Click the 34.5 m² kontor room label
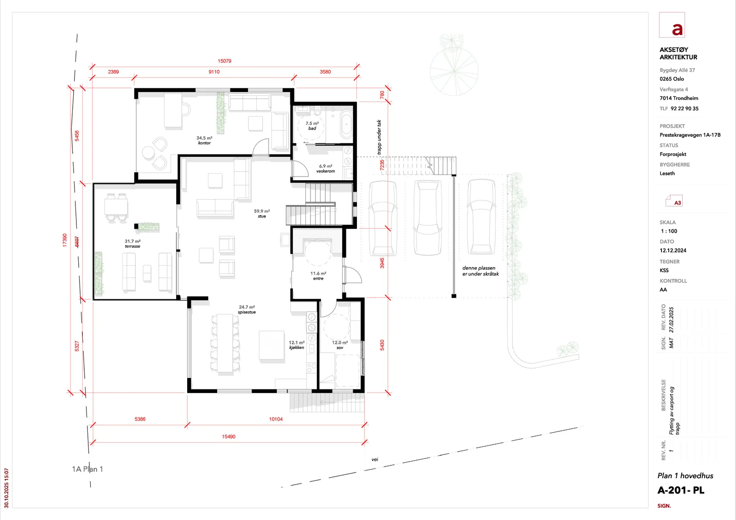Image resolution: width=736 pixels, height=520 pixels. pyautogui.click(x=204, y=140)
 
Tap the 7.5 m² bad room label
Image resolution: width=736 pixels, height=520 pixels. pyautogui.click(x=312, y=126)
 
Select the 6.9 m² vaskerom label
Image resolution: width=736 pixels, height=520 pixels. pyautogui.click(x=326, y=169)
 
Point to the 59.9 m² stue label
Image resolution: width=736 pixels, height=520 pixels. pyautogui.click(x=262, y=213)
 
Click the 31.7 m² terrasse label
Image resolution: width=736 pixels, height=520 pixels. pyautogui.click(x=132, y=243)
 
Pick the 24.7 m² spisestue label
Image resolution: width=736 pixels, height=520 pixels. pyautogui.click(x=247, y=309)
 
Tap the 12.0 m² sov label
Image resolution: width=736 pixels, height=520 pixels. pyautogui.click(x=340, y=345)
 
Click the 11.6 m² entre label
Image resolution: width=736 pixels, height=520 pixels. pyautogui.click(x=318, y=275)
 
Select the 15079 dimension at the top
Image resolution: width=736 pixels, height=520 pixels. pyautogui.click(x=224, y=61)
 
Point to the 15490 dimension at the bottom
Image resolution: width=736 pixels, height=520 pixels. pyautogui.click(x=229, y=437)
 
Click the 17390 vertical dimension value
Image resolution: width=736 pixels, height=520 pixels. pyautogui.click(x=65, y=240)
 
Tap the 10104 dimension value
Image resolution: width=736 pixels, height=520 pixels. pyautogui.click(x=276, y=419)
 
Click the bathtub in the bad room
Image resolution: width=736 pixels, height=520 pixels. pyautogui.click(x=346, y=125)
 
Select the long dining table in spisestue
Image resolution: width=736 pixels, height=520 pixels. pyautogui.click(x=225, y=343)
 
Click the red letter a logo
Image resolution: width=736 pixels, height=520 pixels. pyautogui.click(x=677, y=29)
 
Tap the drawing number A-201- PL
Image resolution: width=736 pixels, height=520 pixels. pyautogui.click(x=681, y=491)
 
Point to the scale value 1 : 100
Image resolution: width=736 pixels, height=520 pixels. pyautogui.click(x=669, y=231)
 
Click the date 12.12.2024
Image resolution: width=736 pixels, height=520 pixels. pyautogui.click(x=673, y=250)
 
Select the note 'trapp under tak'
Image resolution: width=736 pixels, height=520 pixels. pyautogui.click(x=379, y=137)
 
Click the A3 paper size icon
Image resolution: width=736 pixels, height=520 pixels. pyautogui.click(x=674, y=201)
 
